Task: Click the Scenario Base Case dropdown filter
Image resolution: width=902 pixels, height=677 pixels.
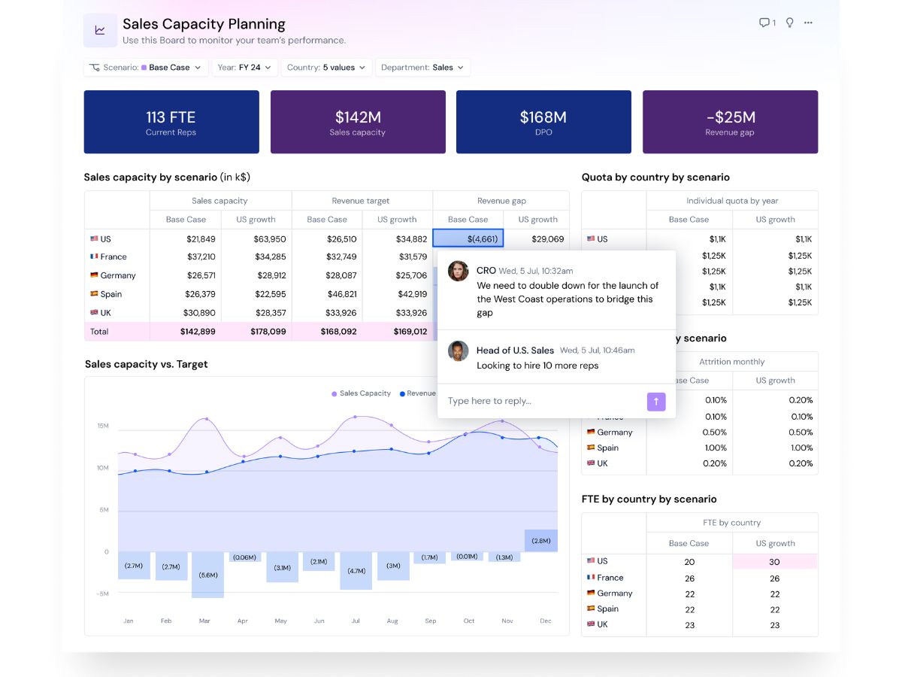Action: point(146,68)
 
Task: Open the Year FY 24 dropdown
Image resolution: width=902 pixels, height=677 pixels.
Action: point(244,68)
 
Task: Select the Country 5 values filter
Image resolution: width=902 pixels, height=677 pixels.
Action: point(326,68)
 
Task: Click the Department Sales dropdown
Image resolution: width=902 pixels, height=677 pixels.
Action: point(422,68)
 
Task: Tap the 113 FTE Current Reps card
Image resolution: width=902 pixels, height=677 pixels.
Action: point(171,122)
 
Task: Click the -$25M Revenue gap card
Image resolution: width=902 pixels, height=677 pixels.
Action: point(730,122)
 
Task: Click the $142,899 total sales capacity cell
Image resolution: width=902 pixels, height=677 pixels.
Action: point(198,331)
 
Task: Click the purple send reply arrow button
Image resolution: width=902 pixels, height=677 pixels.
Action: point(656,402)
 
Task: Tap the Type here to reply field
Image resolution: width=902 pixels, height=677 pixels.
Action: point(543,401)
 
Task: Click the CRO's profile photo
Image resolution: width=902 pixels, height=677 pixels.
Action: point(459,271)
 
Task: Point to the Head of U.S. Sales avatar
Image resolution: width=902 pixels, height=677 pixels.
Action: point(459,351)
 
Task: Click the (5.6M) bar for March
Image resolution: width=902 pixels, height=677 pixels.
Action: point(208,575)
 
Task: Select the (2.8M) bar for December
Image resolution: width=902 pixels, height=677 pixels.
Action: point(541,541)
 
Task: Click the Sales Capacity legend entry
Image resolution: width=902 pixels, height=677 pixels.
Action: point(362,393)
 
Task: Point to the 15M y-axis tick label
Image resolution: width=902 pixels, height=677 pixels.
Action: point(103,426)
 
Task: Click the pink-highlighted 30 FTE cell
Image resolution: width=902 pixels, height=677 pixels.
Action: point(775,562)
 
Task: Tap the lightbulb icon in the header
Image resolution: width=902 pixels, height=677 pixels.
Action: point(789,23)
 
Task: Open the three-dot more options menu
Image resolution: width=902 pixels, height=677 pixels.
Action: point(808,23)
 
